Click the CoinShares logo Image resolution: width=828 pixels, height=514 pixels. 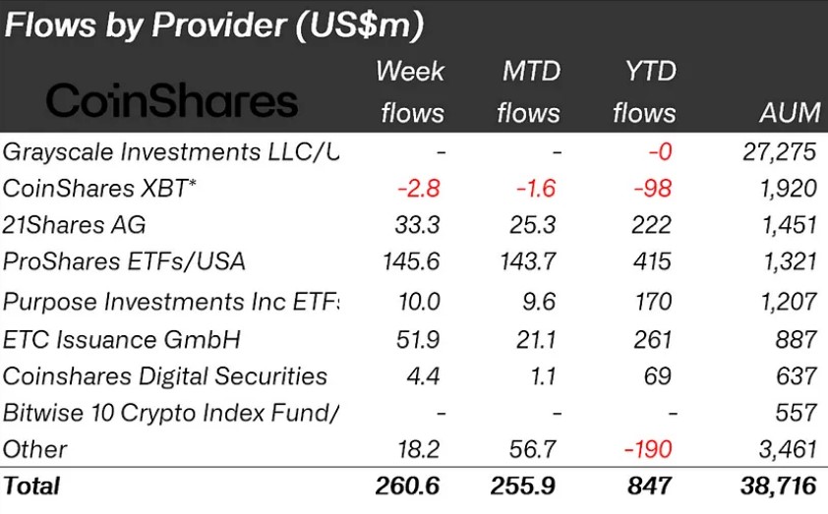pyautogui.click(x=171, y=100)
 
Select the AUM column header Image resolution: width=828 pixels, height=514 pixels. pyautogui.click(x=790, y=113)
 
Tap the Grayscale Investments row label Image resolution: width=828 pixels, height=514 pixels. pyautogui.click(x=170, y=151)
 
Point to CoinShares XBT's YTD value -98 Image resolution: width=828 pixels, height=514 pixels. pyautogui.click(x=651, y=189)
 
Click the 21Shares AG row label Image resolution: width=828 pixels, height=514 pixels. pyautogui.click(x=75, y=225)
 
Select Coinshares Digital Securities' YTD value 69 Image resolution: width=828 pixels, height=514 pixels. pyautogui.click(x=659, y=376)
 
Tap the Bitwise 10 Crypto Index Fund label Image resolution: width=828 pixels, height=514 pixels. pyautogui.click(x=171, y=413)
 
